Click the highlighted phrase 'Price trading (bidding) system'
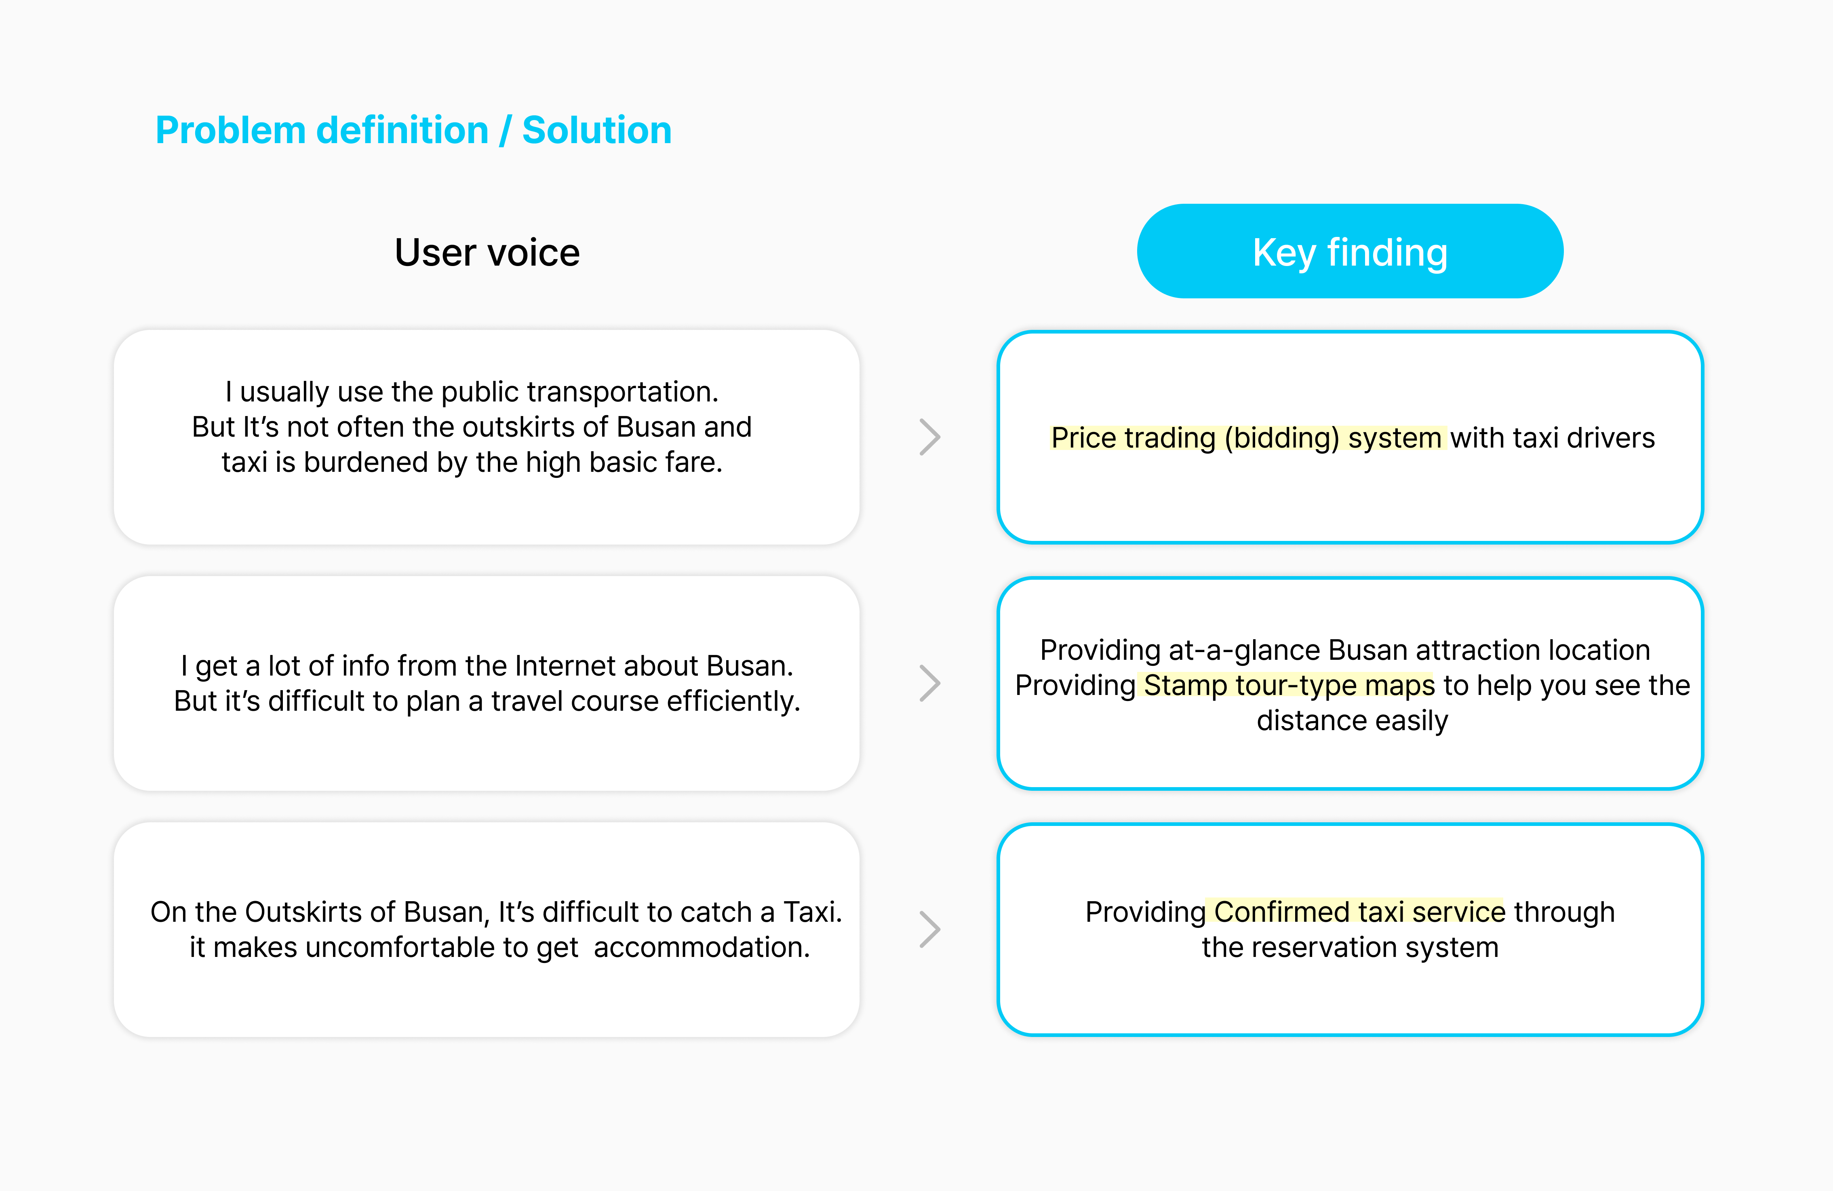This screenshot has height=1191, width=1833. (1246, 437)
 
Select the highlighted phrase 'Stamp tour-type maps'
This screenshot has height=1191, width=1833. (1289, 685)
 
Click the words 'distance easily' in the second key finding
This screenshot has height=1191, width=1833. (1352, 720)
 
